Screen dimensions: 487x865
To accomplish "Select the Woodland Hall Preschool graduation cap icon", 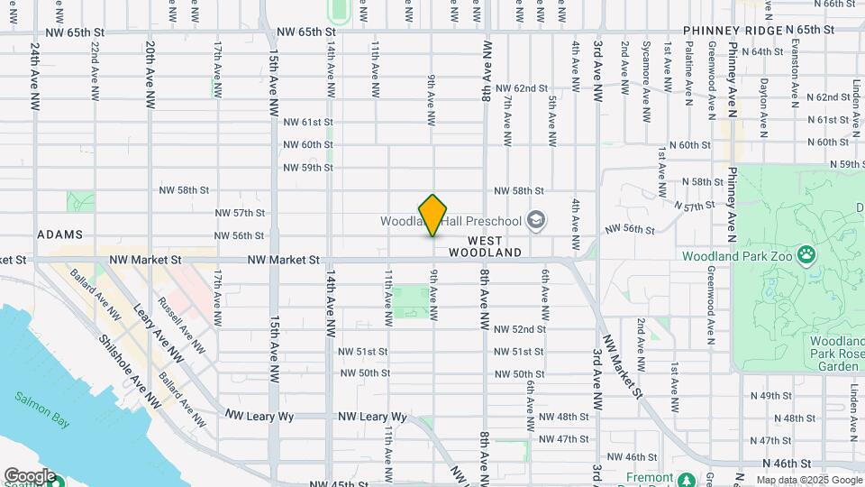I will (536, 220).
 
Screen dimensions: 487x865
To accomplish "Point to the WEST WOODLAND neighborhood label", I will (495, 247).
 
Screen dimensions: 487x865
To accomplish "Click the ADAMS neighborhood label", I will (60, 234).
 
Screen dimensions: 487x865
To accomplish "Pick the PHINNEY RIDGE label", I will (733, 31).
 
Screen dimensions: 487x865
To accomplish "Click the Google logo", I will (29, 475).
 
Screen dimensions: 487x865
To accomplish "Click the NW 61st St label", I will (308, 122).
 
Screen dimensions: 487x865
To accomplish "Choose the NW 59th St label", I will (308, 168).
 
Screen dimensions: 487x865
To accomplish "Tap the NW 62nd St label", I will (524, 88).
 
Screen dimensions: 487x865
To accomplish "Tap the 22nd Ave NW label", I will (94, 69).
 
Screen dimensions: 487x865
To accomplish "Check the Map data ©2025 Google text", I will (808, 479).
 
